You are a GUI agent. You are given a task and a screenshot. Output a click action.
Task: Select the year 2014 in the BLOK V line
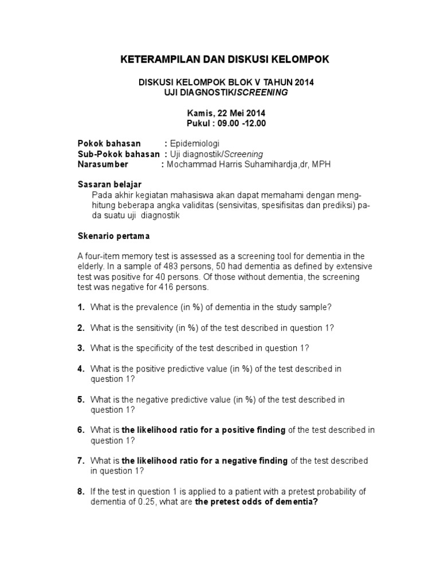pyautogui.click(x=303, y=83)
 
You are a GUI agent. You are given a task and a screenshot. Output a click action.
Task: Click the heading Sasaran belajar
pyautogui.click(x=109, y=185)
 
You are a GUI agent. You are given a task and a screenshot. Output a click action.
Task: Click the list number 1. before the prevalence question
pyautogui.click(x=81, y=307)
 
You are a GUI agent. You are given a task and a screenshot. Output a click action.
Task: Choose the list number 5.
pyautogui.click(x=81, y=399)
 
